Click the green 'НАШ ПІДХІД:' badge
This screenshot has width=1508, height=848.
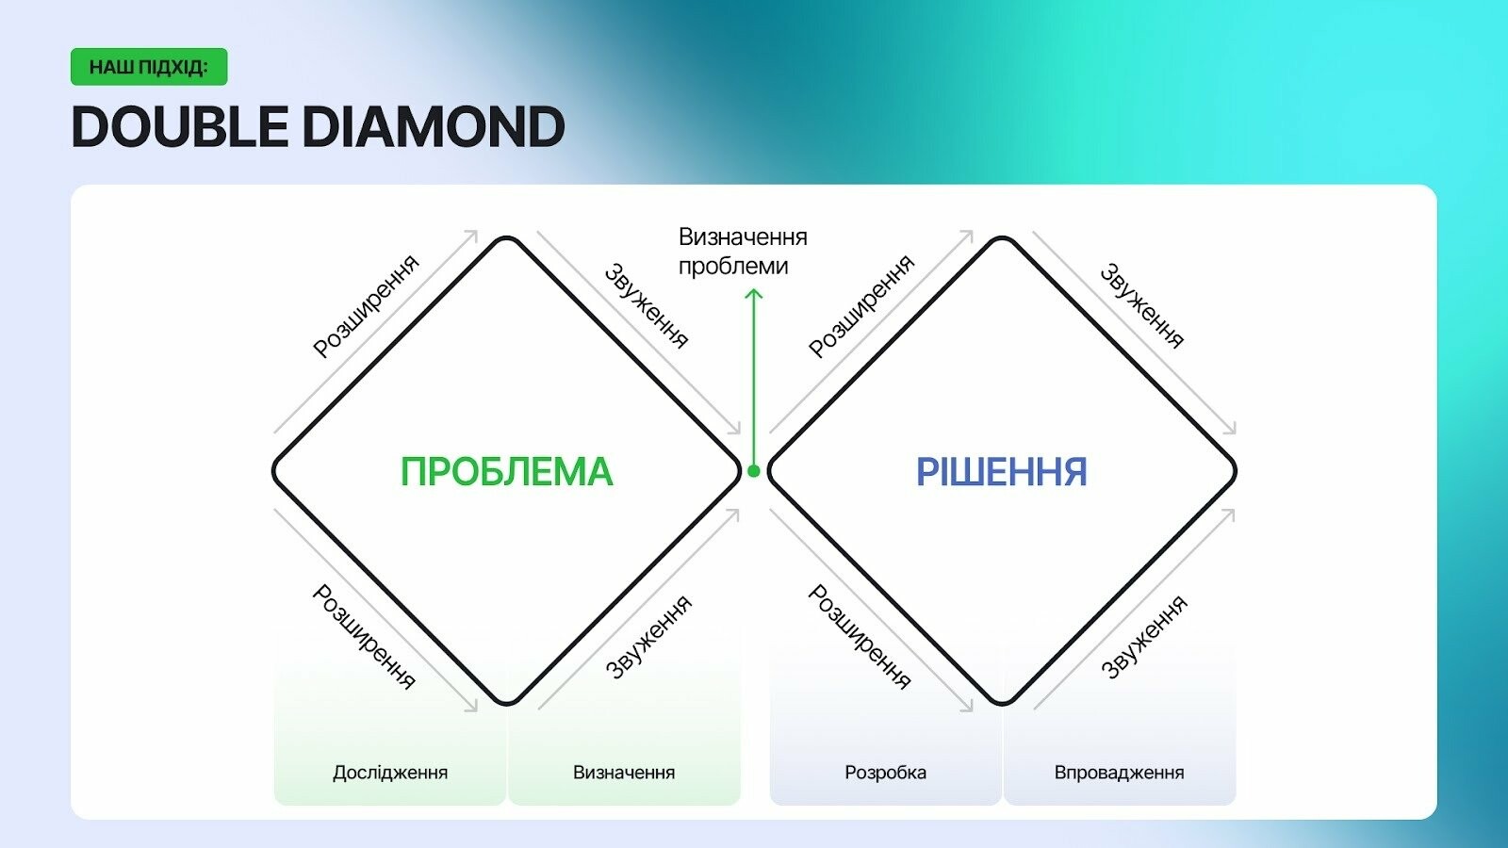point(149,67)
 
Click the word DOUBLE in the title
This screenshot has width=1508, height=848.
point(180,126)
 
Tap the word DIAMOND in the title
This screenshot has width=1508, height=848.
point(434,126)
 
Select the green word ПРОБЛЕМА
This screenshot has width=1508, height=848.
point(507,471)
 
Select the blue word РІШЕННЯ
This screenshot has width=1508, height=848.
point(1002,471)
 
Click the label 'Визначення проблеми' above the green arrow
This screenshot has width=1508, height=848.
point(743,252)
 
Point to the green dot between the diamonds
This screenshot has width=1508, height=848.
point(754,471)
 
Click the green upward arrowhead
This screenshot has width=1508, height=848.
point(754,293)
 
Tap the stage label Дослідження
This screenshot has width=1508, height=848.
point(390,772)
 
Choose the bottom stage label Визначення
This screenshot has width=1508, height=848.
point(624,772)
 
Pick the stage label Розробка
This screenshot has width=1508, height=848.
point(885,772)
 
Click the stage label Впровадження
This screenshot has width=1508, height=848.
point(1119,772)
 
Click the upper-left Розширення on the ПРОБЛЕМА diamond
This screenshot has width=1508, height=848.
point(367,306)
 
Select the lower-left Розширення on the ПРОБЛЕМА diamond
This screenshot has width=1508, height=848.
point(364,637)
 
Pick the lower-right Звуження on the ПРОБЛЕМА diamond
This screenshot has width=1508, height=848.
point(648,637)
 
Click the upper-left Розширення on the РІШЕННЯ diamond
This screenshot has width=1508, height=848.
point(861,306)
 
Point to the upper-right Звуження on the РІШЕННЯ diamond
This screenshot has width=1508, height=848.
point(1141,306)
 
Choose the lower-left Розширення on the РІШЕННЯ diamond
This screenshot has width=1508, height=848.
point(859,637)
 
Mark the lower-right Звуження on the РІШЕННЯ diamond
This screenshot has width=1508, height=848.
point(1144,637)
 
